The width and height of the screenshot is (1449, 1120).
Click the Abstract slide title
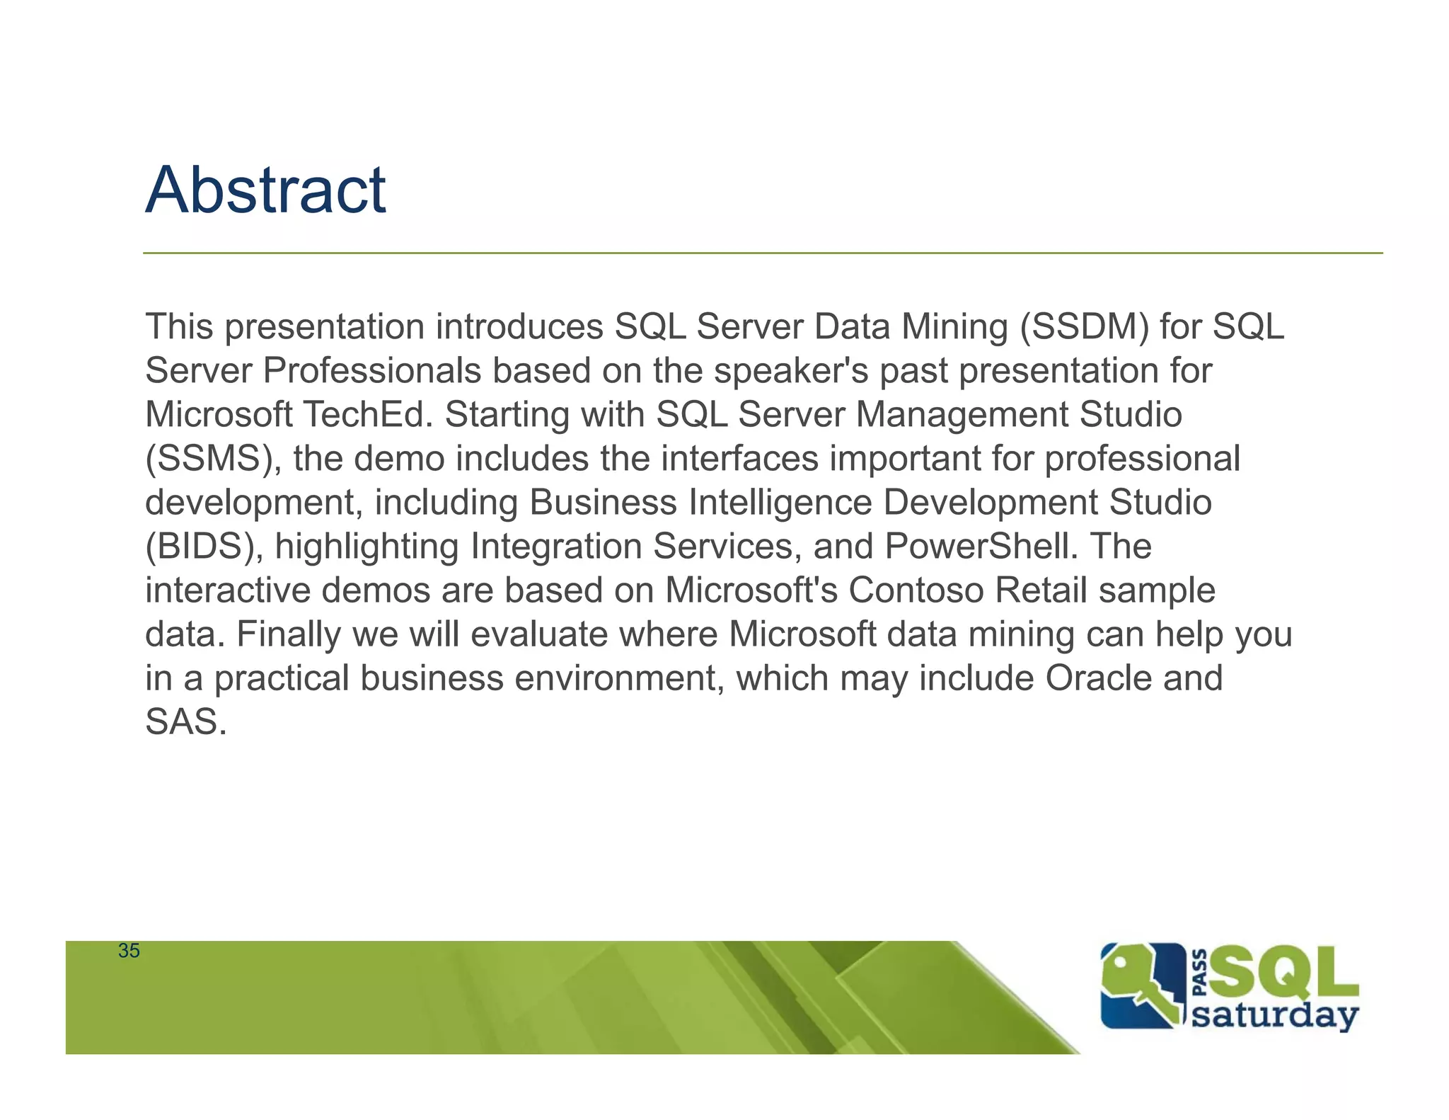265,190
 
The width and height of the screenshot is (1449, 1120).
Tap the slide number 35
129,951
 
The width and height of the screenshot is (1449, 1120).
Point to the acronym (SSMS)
214,459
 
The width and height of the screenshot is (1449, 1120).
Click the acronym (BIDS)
204,547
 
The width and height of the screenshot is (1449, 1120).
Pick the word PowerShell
981,547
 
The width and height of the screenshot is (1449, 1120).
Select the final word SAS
185,722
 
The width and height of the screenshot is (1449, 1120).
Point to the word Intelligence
780,503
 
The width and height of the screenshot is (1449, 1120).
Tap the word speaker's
790,371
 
